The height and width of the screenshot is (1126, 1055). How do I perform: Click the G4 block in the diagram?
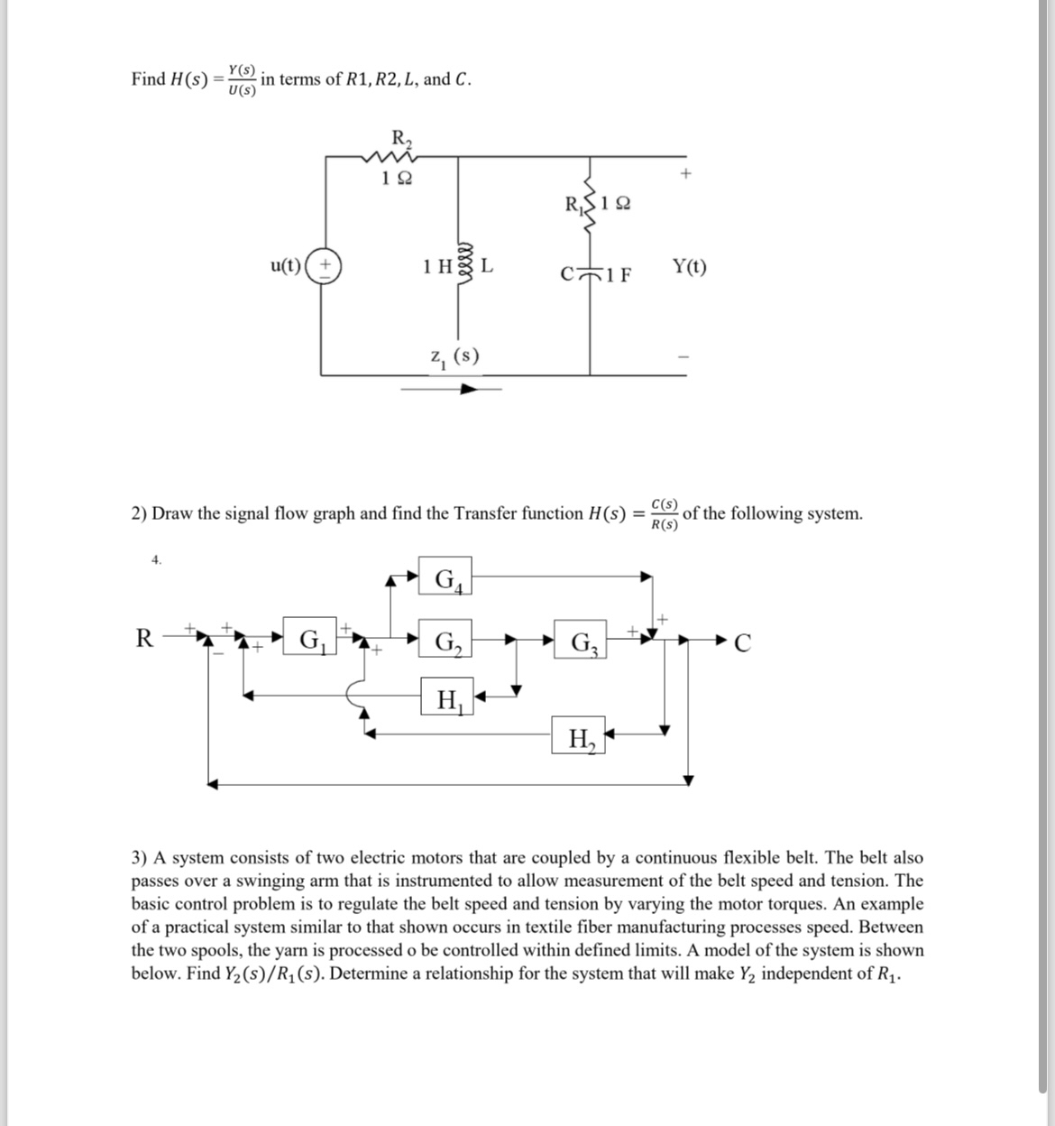point(446,577)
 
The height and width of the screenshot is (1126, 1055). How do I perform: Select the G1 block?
point(309,641)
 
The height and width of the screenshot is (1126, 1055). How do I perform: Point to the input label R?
point(142,639)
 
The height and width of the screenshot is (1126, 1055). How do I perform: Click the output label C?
point(742,643)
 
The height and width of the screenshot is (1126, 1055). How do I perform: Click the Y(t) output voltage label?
point(690,267)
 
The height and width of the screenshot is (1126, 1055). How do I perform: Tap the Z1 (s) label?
point(454,357)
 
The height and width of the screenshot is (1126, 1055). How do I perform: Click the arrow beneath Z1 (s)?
point(451,390)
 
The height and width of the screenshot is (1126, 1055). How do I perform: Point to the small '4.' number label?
point(157,560)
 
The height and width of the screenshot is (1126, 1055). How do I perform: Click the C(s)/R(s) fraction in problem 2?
point(665,513)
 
